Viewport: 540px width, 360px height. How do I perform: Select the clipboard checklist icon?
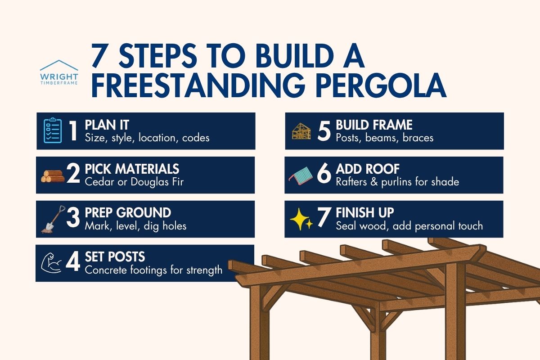pos(53,131)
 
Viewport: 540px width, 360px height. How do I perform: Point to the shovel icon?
pos(53,219)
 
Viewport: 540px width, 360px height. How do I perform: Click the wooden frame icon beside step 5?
pos(301,131)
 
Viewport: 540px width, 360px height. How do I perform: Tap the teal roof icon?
pos(301,175)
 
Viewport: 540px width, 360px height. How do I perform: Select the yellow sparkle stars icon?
pos(301,220)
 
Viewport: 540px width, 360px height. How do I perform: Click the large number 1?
pos(72,131)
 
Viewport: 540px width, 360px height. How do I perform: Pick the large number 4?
pos(72,263)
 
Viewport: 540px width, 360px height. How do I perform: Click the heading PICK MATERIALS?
pos(132,169)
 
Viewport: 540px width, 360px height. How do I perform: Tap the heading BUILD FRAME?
pos(374,125)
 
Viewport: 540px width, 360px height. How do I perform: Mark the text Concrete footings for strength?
pos(153,270)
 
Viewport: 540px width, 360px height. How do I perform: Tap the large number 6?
pos(324,175)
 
